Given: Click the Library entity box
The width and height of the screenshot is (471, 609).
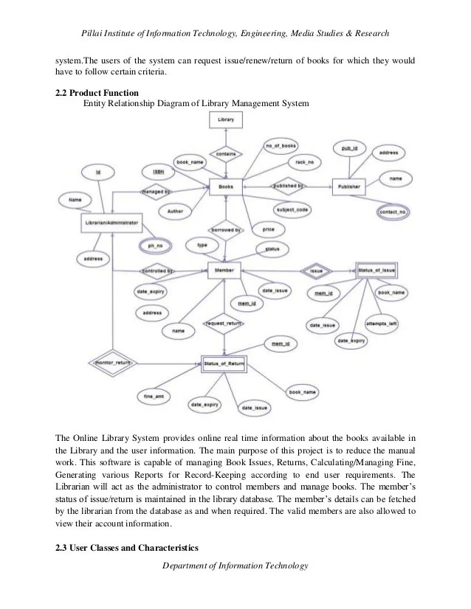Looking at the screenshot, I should click(x=227, y=119).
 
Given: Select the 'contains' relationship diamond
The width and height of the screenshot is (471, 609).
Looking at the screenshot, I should click(x=227, y=153).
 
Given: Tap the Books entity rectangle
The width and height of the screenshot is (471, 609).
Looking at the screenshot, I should click(x=226, y=187).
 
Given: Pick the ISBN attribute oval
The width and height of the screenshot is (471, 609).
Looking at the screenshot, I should click(x=159, y=171).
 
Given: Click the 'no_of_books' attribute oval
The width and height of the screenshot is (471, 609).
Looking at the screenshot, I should click(x=281, y=147).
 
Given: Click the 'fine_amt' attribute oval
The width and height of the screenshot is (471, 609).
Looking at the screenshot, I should click(x=154, y=397).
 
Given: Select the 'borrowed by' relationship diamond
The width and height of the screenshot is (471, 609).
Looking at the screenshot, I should click(x=227, y=230).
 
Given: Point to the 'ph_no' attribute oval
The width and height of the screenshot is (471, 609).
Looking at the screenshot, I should click(x=156, y=245).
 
